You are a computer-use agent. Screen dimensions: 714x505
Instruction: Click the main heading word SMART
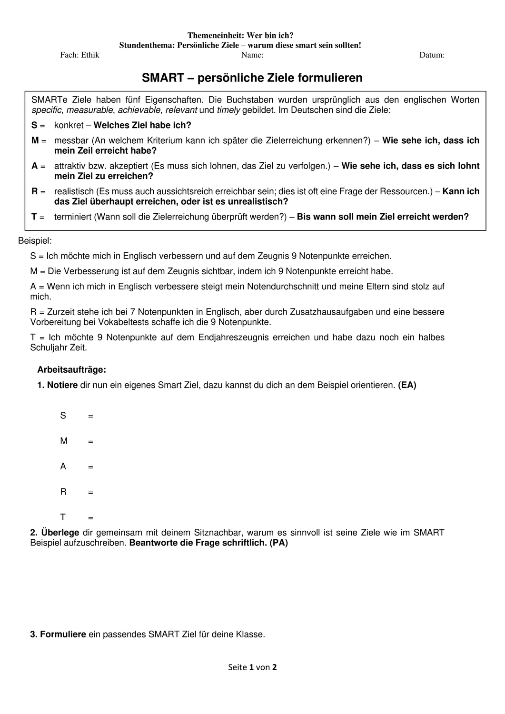tap(163, 78)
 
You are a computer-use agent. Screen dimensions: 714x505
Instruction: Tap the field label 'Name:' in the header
tap(252, 55)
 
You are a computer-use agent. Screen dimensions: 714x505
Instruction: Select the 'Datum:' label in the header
tap(432, 55)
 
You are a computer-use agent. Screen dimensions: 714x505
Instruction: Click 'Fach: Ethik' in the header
tap(79, 55)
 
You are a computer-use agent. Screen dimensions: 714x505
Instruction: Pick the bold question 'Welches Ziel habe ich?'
tap(142, 126)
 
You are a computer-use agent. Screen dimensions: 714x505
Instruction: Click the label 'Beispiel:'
tap(35, 241)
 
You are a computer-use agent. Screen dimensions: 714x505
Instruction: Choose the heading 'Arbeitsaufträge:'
tap(72, 369)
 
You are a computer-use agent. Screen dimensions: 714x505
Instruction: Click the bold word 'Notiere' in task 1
tap(62, 385)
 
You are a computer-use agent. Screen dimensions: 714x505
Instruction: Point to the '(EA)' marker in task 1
tap(407, 385)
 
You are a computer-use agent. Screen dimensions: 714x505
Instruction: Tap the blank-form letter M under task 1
tap(64, 441)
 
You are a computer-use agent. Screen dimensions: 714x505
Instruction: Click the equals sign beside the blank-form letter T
tap(90, 518)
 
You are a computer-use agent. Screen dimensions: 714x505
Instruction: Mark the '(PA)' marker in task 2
tap(278, 543)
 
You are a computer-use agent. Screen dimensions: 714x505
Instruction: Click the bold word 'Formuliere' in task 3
tap(63, 635)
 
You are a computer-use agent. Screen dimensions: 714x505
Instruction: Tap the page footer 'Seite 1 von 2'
tap(252, 667)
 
